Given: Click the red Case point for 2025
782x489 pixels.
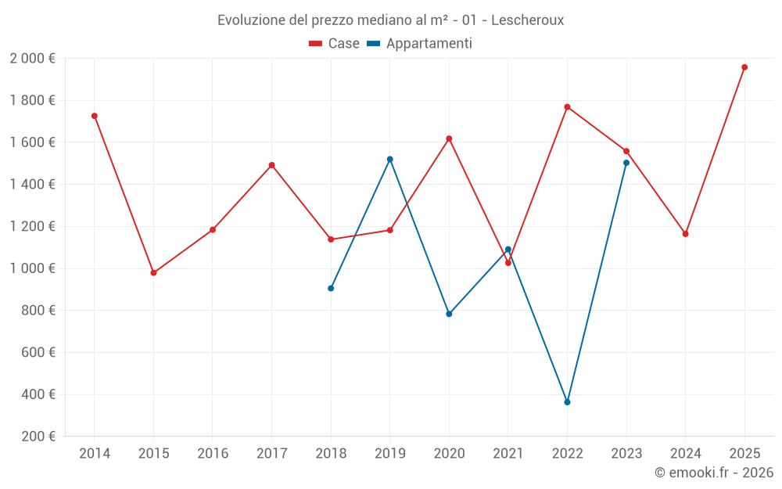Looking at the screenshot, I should click(744, 67).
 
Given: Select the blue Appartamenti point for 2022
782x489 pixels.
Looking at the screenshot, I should click(567, 402).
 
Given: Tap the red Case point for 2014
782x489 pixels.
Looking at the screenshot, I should click(95, 116).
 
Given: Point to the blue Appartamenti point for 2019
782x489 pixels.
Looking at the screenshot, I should click(390, 159).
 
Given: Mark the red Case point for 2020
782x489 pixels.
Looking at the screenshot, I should click(449, 138).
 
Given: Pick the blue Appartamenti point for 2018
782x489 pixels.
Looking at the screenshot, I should click(331, 288).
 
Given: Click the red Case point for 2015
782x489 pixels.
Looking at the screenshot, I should click(153, 273).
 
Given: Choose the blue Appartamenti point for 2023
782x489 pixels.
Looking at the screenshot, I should click(626, 163).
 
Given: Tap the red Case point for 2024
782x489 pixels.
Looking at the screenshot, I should click(686, 234).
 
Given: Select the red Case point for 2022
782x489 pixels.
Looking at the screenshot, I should click(567, 106).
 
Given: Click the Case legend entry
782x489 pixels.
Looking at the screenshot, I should click(335, 44).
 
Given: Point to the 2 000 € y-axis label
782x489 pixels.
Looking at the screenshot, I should click(32, 59).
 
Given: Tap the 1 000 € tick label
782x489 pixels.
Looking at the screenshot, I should click(32, 268).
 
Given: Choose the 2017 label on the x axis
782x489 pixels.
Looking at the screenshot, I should click(271, 454).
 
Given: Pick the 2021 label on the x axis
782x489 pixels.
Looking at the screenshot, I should click(508, 454).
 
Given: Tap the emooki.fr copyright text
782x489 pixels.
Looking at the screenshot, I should click(713, 473).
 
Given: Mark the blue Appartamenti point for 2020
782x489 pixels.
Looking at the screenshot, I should click(449, 314).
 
